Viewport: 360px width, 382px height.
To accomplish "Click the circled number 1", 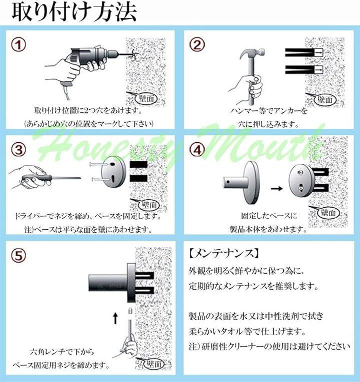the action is [x=19, y=45].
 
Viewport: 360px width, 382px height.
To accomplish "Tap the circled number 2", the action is [x=197, y=45].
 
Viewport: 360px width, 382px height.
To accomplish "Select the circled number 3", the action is [x=19, y=150].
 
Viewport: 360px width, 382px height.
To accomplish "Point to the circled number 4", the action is [x=197, y=150].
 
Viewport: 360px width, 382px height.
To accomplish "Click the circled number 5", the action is [x=19, y=256].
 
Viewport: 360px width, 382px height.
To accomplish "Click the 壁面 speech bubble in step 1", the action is [x=146, y=98].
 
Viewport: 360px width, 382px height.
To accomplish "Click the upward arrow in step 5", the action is [x=115, y=319].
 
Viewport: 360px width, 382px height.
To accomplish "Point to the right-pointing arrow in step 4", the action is [x=277, y=188].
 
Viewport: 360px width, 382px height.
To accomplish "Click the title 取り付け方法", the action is [x=74, y=12].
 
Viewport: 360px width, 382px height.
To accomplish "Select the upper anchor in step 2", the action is [x=304, y=52].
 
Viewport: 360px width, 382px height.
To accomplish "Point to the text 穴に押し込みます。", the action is [x=268, y=124].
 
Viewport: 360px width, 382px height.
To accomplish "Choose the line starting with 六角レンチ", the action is [x=62, y=352].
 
